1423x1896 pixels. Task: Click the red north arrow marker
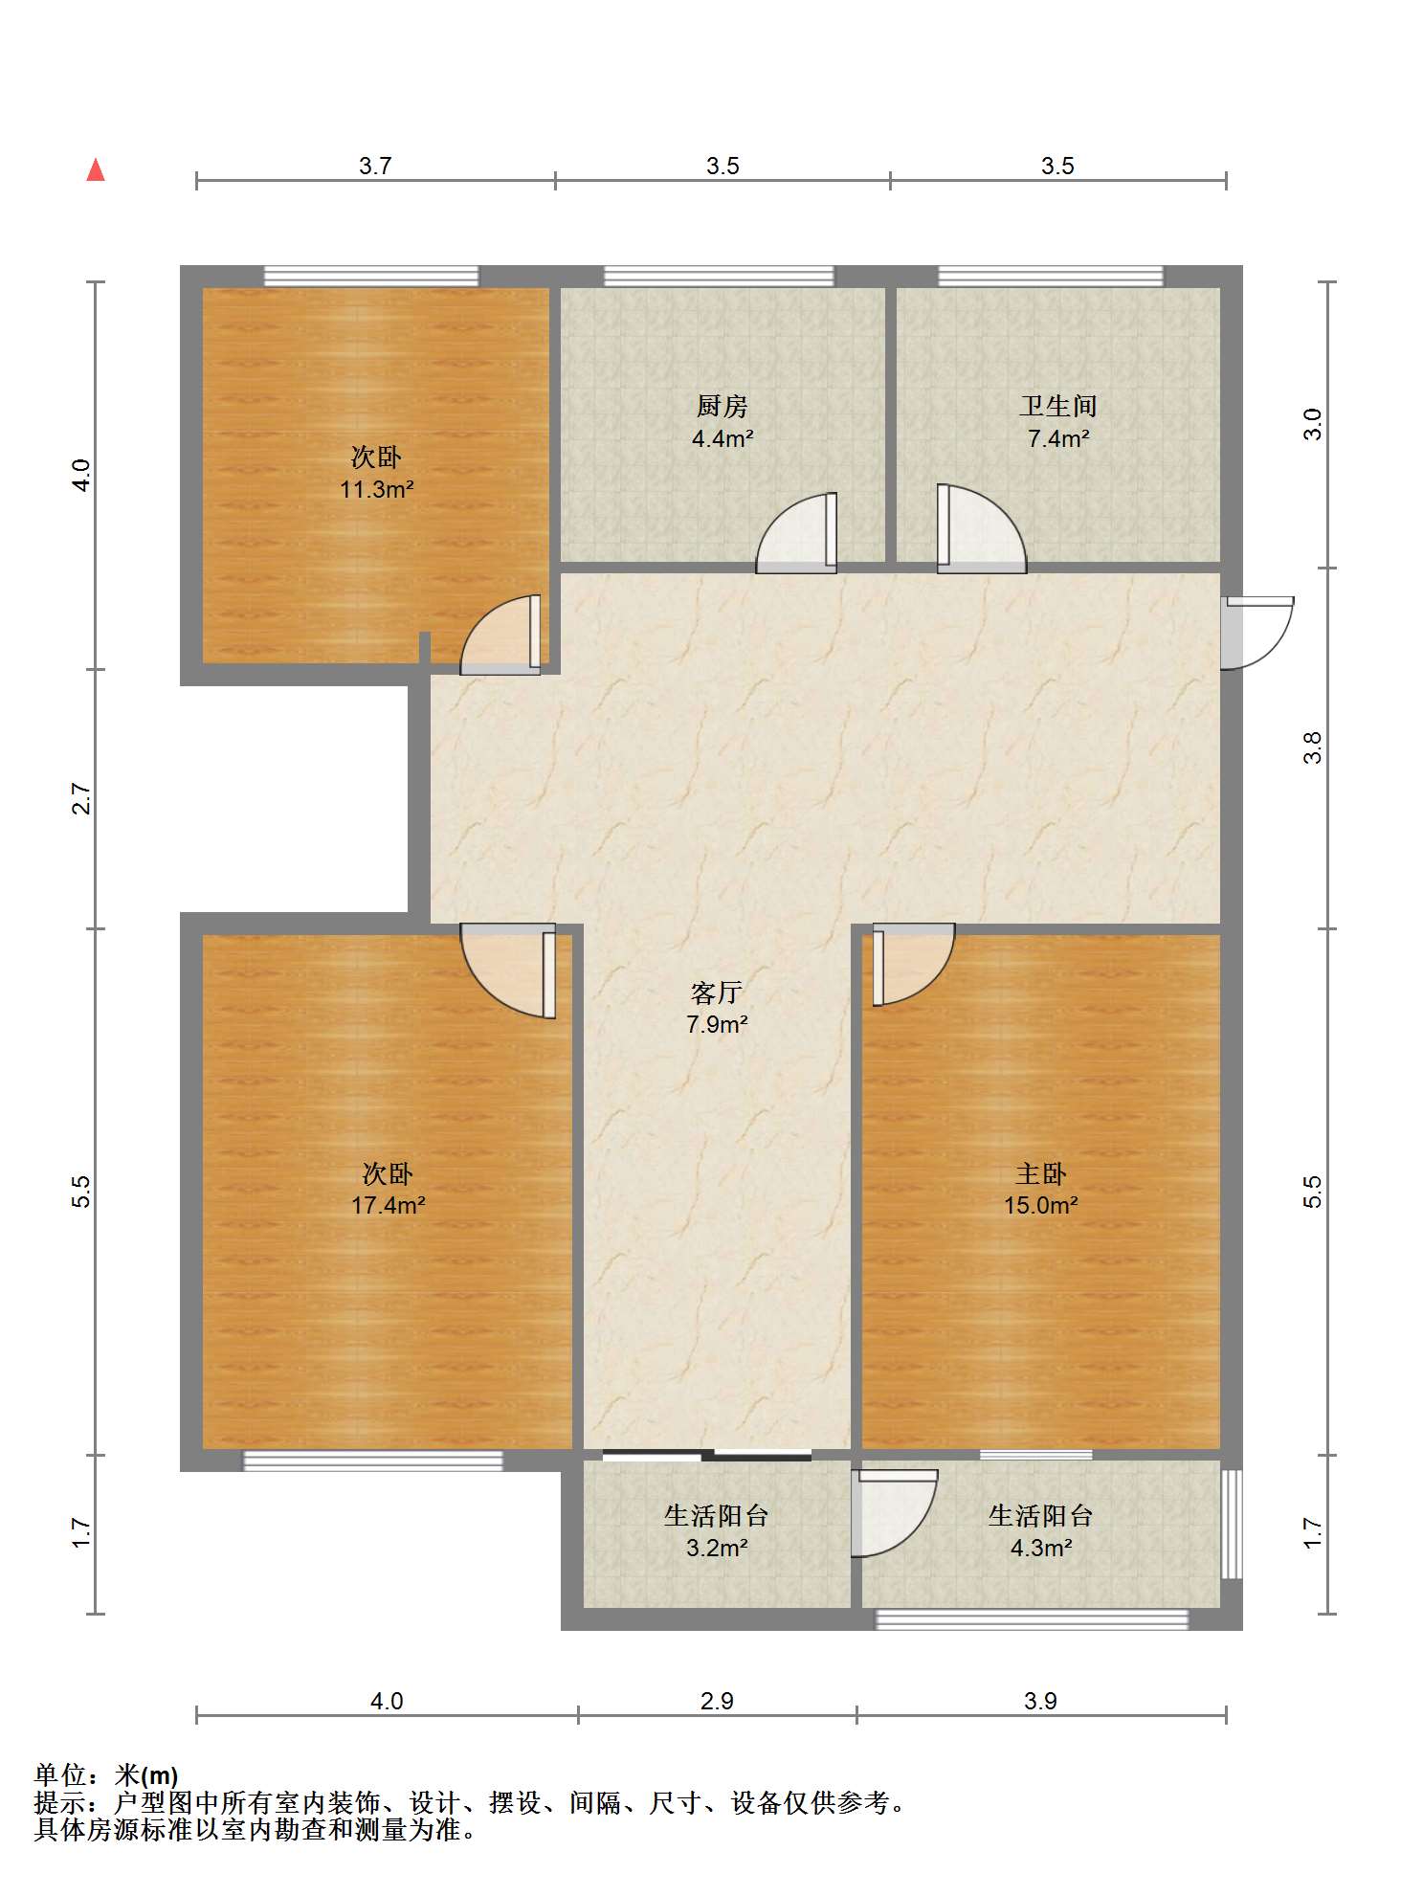point(96,170)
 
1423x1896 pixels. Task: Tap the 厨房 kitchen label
point(722,406)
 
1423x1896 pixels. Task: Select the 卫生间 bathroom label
point(1058,406)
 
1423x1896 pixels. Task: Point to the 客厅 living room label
point(717,993)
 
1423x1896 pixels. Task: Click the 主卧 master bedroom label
point(1041,1173)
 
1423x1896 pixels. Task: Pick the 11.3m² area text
point(377,490)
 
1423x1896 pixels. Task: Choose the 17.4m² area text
point(388,1205)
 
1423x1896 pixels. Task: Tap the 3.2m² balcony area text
point(717,1548)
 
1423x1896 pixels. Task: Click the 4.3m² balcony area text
point(1041,1548)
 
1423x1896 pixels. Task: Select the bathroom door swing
point(981,529)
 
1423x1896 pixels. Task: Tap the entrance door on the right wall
point(1256,633)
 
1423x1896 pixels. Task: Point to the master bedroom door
point(913,964)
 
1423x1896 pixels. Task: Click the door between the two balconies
point(894,1513)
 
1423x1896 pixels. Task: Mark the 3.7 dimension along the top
point(375,166)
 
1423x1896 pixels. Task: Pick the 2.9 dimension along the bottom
point(717,1701)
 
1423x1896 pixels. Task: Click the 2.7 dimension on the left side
point(81,798)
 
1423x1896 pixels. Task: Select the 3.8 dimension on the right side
point(1313,747)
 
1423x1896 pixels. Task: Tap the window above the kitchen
point(719,277)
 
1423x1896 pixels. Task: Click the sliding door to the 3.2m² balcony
point(707,1456)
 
